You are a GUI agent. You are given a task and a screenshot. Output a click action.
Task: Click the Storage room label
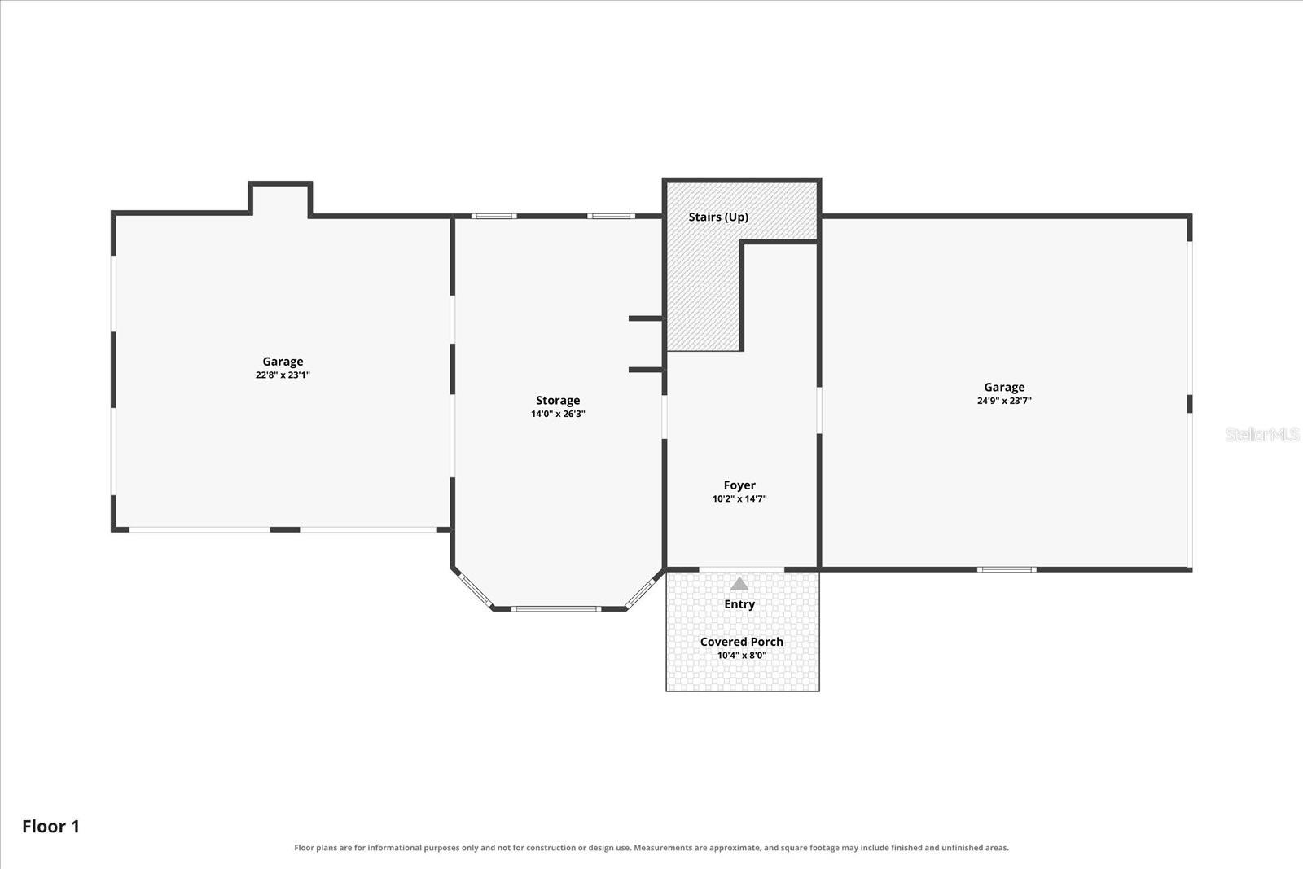pyautogui.click(x=558, y=400)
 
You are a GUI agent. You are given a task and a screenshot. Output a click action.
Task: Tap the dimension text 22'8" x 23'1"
pyautogui.click(x=283, y=375)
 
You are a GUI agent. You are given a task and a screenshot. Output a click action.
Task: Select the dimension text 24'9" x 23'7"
pyautogui.click(x=1004, y=401)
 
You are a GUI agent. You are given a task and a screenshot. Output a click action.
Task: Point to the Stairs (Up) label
pyautogui.click(x=718, y=217)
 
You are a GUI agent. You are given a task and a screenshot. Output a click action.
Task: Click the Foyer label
pyautogui.click(x=739, y=485)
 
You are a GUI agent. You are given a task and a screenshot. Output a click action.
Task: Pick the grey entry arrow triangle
pyautogui.click(x=739, y=583)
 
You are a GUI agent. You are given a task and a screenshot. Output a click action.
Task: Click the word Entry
pyautogui.click(x=739, y=604)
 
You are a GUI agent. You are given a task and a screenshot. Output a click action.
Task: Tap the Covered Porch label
pyautogui.click(x=742, y=642)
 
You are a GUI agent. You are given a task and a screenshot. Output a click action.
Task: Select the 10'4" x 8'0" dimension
pyautogui.click(x=742, y=656)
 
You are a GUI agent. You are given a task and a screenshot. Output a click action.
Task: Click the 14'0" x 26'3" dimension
pyautogui.click(x=558, y=415)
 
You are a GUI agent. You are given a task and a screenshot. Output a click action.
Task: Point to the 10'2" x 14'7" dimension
pyautogui.click(x=739, y=499)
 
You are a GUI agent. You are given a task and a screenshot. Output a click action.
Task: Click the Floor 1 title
pyautogui.click(x=50, y=827)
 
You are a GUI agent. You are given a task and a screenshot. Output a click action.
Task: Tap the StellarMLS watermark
pyautogui.click(x=1261, y=434)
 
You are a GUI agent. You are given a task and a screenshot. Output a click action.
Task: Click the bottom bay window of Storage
pyautogui.click(x=555, y=609)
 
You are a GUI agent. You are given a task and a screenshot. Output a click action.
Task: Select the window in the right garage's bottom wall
pyautogui.click(x=1007, y=569)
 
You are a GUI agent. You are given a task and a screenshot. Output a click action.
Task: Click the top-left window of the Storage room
pyautogui.click(x=494, y=217)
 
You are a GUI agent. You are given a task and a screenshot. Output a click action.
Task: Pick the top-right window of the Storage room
pyautogui.click(x=611, y=217)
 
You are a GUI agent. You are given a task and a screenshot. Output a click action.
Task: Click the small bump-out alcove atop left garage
pyautogui.click(x=280, y=199)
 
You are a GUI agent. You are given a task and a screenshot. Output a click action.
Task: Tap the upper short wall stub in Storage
pyautogui.click(x=646, y=318)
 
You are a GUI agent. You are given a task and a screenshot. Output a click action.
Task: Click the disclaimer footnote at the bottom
pyautogui.click(x=651, y=848)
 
